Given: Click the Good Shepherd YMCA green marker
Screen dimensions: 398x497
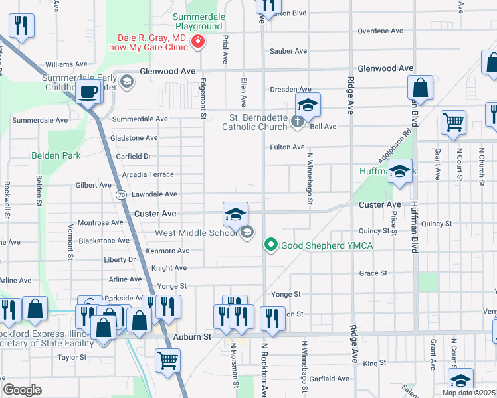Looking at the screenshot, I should coord(270,245).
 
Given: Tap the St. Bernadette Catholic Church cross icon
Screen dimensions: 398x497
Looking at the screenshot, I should coord(298,121).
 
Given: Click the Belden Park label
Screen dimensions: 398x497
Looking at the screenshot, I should coord(56,155).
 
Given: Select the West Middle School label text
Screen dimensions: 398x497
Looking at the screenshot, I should coord(196,233).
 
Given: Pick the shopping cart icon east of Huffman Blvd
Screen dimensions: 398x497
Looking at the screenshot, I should coord(454,122).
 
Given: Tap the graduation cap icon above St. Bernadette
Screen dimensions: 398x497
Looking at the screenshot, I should coord(308,105).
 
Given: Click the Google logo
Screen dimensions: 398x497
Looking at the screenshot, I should coord(22,390).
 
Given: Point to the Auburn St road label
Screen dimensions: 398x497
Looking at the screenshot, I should coord(192,337).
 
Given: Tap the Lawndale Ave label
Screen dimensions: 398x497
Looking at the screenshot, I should coord(154,194).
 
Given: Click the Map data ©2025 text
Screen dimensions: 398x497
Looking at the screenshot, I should coord(468,393).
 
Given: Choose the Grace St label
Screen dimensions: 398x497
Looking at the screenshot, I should coord(373,273).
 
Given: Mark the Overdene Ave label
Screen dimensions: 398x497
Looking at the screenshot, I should coord(380,31).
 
